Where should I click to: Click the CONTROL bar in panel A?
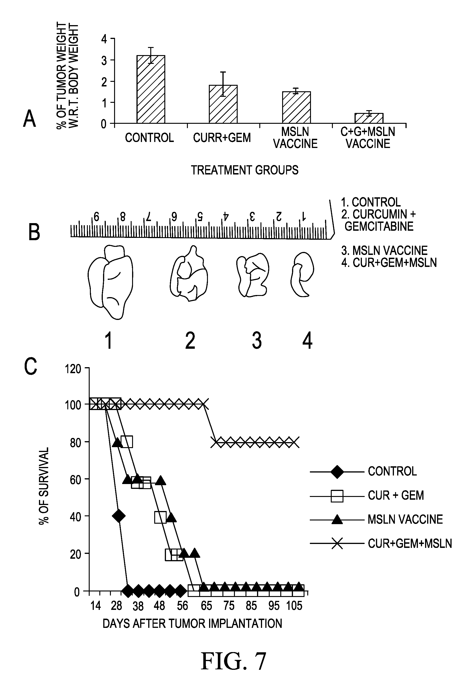[x=151, y=89]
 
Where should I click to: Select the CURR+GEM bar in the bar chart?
[x=223, y=104]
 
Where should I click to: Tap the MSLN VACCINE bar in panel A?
[x=296, y=108]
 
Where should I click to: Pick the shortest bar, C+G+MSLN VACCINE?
[x=369, y=118]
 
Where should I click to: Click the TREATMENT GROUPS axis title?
[x=245, y=170]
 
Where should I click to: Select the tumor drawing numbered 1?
[x=110, y=282]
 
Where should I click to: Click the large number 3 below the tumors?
[x=257, y=340]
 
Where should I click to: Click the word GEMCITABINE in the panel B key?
[x=379, y=226]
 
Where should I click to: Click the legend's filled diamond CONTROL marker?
[x=337, y=471]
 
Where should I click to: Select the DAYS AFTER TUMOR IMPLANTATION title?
[x=192, y=623]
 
